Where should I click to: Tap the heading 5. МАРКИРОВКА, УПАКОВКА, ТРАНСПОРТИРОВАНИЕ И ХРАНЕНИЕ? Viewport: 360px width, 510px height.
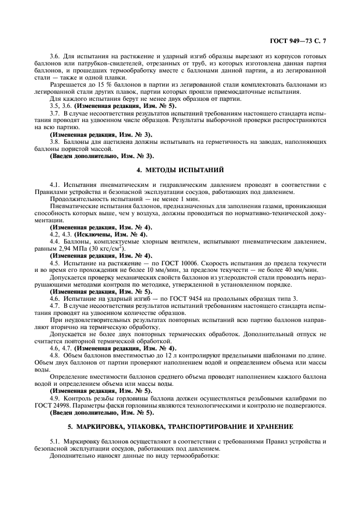tap(180, 425)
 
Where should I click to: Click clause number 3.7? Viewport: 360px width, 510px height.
tap(54, 113)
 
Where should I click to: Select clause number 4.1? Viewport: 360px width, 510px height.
tap(54, 184)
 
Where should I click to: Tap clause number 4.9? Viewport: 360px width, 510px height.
tap(54, 398)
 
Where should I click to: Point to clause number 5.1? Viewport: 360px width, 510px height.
tap(54, 440)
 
